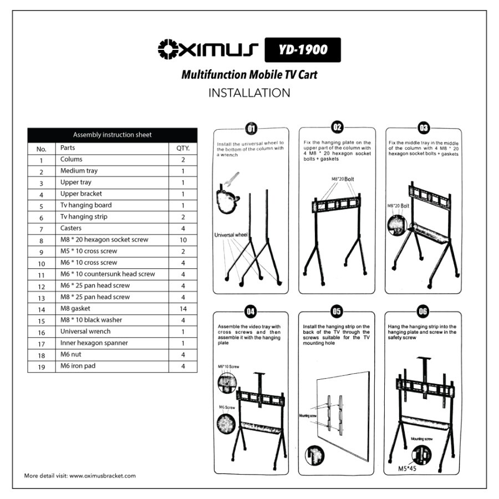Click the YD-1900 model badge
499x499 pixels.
(303, 50)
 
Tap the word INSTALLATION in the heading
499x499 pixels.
(249, 93)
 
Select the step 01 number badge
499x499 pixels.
(251, 129)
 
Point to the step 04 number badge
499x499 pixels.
(251, 310)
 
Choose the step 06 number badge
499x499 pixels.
(423, 311)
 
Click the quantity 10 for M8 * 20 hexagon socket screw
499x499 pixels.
(183, 240)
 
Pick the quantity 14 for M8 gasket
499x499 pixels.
(183, 309)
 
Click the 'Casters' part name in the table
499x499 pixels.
(71, 228)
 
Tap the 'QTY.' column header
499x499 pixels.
(183, 149)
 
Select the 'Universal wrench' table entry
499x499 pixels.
(85, 332)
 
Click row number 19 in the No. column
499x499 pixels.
(41, 366)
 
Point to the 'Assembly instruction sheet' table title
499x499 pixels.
(113, 135)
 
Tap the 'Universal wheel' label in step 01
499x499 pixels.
(231, 235)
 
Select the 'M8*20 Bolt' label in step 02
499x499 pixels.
(342, 179)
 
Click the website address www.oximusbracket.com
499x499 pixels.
(103, 476)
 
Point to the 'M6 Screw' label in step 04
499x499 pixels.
(227, 407)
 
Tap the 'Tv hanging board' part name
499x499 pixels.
(86, 205)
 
